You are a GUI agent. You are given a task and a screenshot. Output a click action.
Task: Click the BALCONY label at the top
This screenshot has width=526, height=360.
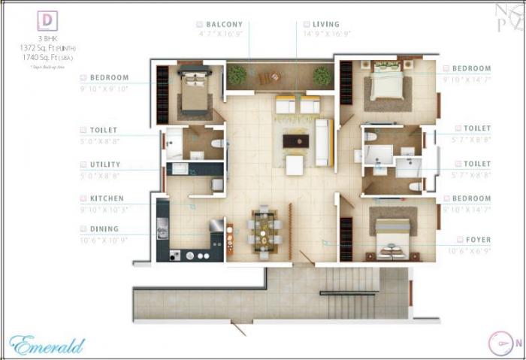pyautogui.click(x=225, y=24)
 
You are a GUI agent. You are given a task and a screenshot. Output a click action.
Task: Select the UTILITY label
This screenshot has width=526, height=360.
pyautogui.click(x=103, y=165)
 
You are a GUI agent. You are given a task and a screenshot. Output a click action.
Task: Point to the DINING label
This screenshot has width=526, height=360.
pyautogui.click(x=104, y=229)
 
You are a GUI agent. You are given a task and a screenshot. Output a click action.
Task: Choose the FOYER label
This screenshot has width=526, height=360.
pyautogui.click(x=478, y=240)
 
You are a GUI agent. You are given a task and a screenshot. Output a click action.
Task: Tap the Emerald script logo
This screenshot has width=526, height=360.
pyautogui.click(x=47, y=345)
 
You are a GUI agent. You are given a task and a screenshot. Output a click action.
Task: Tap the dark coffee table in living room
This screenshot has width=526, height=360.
pyautogui.click(x=295, y=141)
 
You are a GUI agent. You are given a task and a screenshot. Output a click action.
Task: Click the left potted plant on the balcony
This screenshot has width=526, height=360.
pyautogui.click(x=237, y=74)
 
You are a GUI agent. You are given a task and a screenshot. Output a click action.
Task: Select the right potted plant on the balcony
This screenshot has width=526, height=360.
pyautogui.click(x=322, y=75)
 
